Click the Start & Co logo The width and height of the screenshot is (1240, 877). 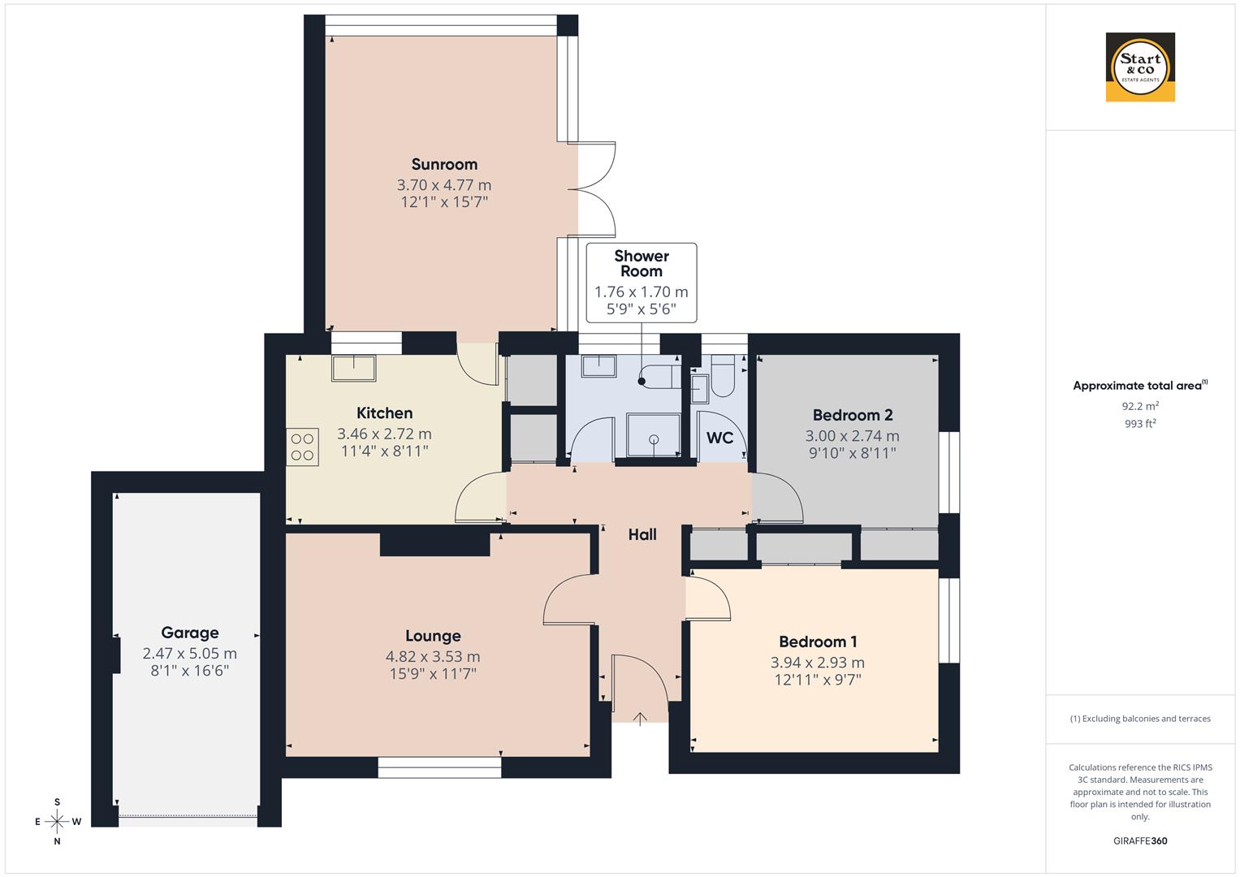pos(1140,67)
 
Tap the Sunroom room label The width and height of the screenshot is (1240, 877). pos(444,164)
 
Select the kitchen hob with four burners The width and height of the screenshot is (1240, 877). pos(302,447)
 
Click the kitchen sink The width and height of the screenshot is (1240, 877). pos(353,368)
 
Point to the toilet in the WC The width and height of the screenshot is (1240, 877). pos(722,378)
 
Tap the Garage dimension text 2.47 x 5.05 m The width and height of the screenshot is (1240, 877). pos(189,654)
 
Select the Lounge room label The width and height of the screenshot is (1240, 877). pos(433,636)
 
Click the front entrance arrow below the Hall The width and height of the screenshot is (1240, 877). pos(640,718)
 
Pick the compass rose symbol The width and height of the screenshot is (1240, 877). pos(57,821)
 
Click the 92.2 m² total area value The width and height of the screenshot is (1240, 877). pos(1140,406)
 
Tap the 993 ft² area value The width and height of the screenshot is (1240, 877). pos(1140,423)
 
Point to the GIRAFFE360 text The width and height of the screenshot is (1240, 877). pos(1140,841)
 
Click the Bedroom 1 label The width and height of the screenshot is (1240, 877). pos(818,642)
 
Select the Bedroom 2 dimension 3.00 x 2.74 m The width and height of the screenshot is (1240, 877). pos(852,436)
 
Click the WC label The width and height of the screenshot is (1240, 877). pos(719,438)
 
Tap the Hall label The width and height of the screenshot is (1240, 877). pos(642,534)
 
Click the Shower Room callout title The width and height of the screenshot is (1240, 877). pos(642,264)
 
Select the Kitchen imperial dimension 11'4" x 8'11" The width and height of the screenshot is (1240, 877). pos(384,451)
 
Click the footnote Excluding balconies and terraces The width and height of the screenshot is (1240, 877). pos(1140,719)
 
